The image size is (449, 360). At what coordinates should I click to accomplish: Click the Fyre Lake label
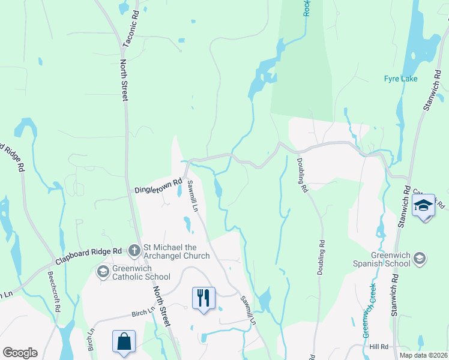[400, 79]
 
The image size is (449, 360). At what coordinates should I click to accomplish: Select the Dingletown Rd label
[158, 185]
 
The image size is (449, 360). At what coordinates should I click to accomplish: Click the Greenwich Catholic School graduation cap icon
[103, 272]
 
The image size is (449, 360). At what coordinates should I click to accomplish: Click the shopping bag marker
[124, 341]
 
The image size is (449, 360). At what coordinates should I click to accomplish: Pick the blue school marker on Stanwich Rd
[424, 206]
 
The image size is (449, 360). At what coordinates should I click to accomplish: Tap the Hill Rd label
[379, 347]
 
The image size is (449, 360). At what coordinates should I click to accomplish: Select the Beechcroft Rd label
[55, 292]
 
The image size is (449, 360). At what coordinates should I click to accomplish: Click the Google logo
[20, 353]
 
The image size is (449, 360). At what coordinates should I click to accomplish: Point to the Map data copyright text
[423, 355]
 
